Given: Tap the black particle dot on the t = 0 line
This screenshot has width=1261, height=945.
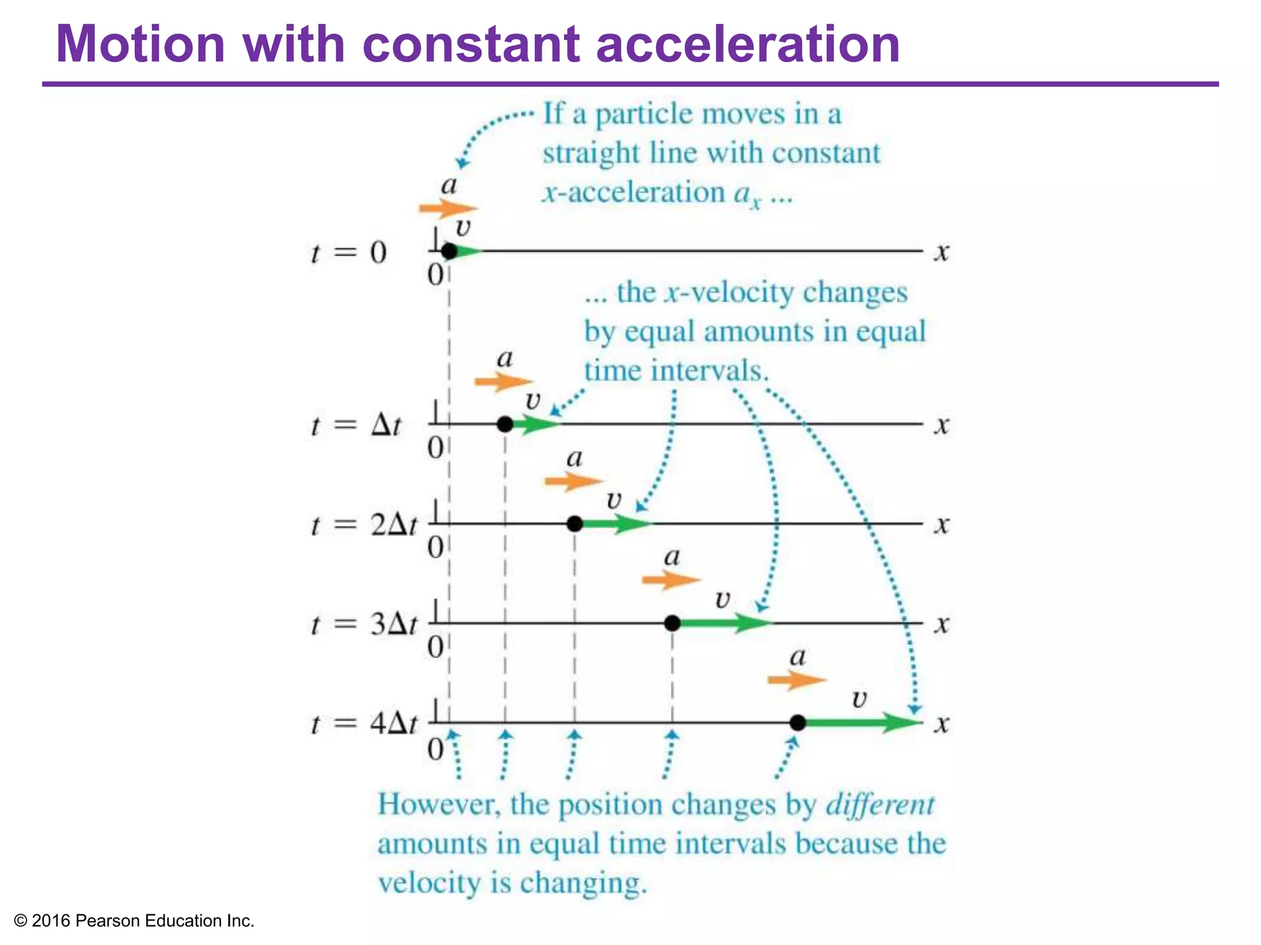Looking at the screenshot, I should click(x=449, y=251).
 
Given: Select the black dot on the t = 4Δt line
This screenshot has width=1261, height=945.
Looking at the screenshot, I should click(x=797, y=723).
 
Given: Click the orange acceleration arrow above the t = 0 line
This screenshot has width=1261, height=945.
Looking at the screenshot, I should click(x=448, y=209).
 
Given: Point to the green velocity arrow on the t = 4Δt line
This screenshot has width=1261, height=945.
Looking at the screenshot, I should click(x=862, y=723).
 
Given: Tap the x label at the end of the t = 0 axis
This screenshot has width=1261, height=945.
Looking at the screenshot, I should click(x=941, y=252).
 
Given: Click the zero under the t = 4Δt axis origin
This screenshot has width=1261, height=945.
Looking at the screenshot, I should click(x=435, y=749).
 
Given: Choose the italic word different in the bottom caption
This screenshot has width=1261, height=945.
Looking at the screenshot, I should click(x=879, y=805).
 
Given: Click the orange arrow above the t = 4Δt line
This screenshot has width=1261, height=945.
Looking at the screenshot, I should click(x=796, y=680).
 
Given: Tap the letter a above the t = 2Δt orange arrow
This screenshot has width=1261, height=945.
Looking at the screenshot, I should click(x=574, y=458).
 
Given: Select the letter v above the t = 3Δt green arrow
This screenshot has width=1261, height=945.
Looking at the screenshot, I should click(x=723, y=599).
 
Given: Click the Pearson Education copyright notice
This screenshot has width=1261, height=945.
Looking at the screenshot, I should click(x=134, y=921).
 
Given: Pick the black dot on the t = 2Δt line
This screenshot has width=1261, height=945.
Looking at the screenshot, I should click(x=574, y=524).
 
